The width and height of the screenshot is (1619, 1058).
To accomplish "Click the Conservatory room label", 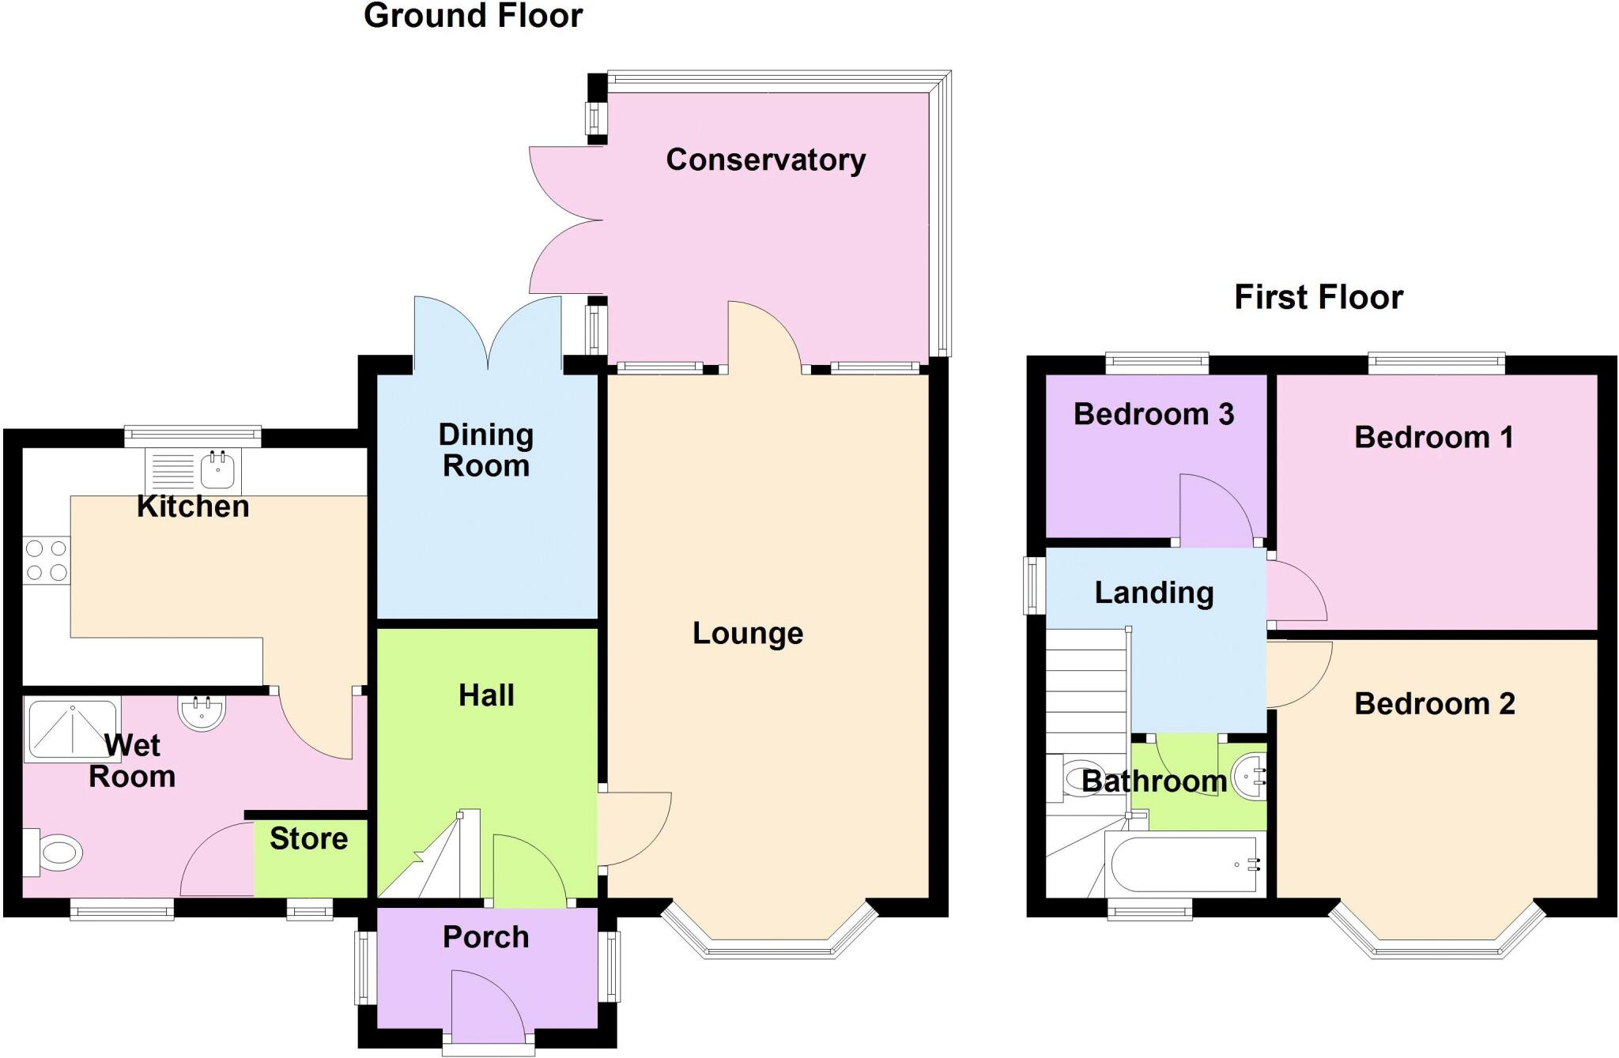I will coord(765,160).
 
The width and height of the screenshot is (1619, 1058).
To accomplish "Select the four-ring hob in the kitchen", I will coord(46,560).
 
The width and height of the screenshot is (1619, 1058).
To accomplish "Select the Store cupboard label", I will coord(308,838).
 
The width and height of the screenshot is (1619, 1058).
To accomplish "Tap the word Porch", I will coord(485,937).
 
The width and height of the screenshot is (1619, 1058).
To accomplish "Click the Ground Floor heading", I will coord(473,16).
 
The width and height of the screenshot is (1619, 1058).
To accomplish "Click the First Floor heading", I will coord(1319,298).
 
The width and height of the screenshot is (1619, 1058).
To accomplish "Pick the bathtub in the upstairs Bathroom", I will coord(1183,864).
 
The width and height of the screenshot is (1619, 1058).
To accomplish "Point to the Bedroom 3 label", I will coord(1153,414).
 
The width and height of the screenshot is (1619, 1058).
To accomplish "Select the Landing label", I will coord(1153,593).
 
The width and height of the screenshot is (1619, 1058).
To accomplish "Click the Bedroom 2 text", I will coord(1434,703).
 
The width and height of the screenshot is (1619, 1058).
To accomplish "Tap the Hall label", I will coord(486,695).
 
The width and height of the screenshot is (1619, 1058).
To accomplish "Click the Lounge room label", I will coord(748,633).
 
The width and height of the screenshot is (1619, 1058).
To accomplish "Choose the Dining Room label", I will coord(485,450).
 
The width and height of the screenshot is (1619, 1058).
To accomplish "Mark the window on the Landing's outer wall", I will coord(1032,585).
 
